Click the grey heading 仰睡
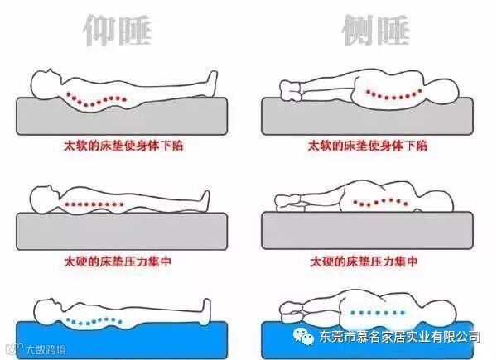pyautogui.click(x=118, y=31)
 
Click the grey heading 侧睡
pyautogui.click(x=376, y=31)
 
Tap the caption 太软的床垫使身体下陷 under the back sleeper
pyautogui.click(x=123, y=146)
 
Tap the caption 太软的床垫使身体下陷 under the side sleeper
pyautogui.click(x=368, y=146)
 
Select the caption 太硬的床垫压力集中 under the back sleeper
pyautogui.click(x=118, y=262)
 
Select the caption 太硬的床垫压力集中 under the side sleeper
pyautogui.click(x=364, y=262)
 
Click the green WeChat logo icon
pyautogui.click(x=303, y=337)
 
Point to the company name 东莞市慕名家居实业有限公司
pyautogui.click(x=400, y=337)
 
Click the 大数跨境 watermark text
pyautogui.click(x=46, y=349)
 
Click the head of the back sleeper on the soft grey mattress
pyautogui.click(x=46, y=84)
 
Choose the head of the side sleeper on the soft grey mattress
pyautogui.click(x=442, y=92)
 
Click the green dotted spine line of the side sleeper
pyautogui.click(x=377, y=313)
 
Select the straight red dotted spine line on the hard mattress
pyautogui.click(x=94, y=204)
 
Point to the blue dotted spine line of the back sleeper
pyautogui.click(x=94, y=321)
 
